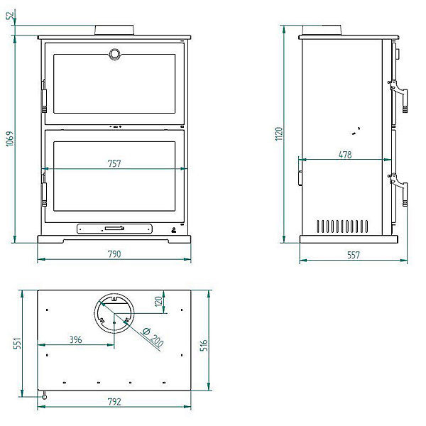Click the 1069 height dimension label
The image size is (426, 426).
click(9, 139)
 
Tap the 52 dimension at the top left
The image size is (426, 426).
click(10, 16)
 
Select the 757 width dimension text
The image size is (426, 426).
click(114, 163)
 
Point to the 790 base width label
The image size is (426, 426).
click(114, 254)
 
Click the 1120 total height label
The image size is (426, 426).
click(279, 133)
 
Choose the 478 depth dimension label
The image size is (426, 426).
click(345, 155)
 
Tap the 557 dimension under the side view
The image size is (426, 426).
click(354, 255)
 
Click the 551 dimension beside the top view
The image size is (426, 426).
click(17, 343)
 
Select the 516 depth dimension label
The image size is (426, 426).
click(204, 345)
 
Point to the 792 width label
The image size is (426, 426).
click(114, 402)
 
